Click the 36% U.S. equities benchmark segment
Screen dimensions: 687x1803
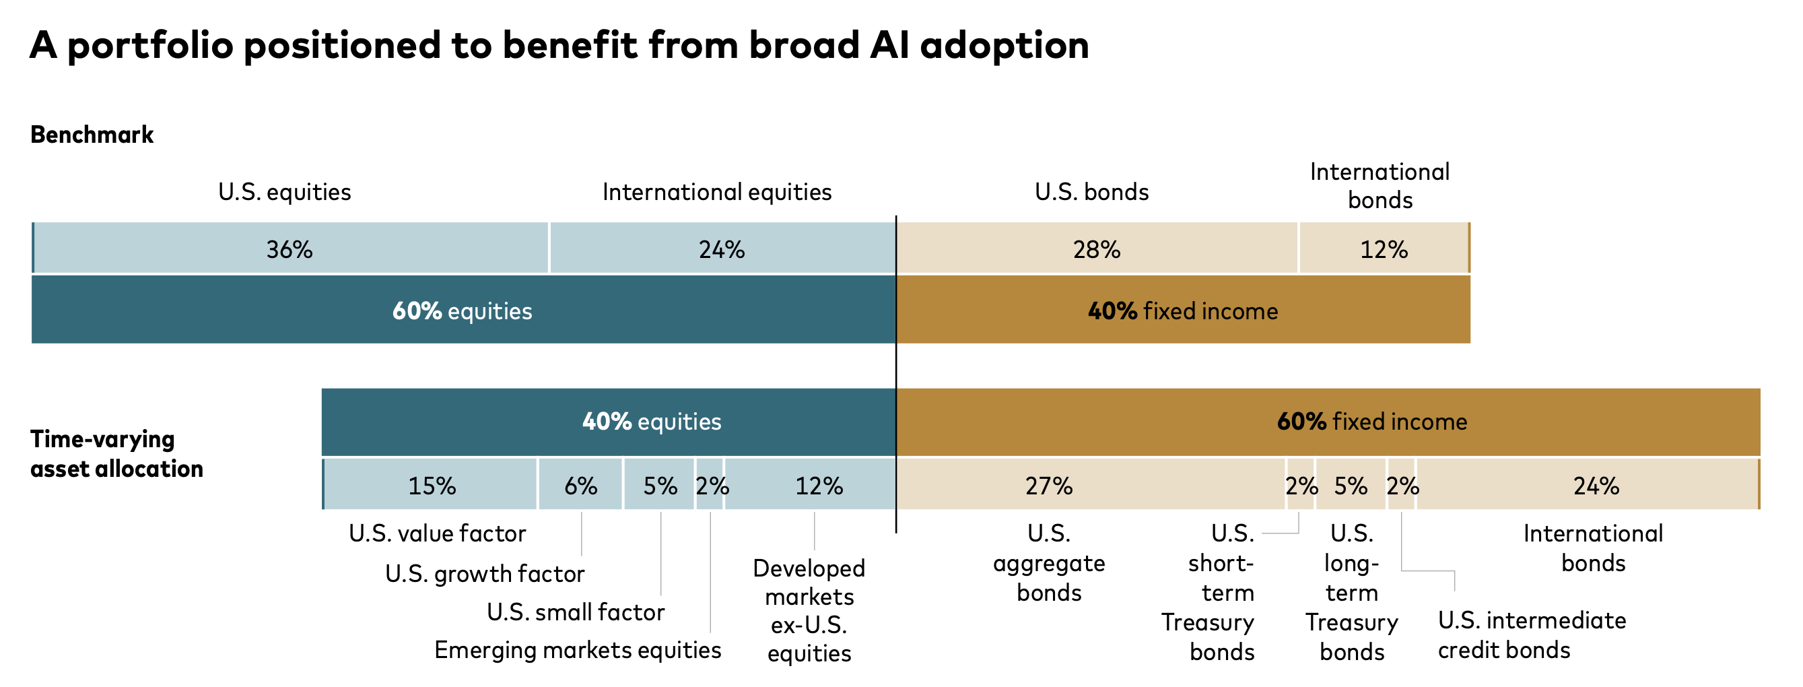pos(290,249)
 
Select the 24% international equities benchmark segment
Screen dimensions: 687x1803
pos(722,249)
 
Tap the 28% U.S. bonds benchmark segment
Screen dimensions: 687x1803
pos(1097,249)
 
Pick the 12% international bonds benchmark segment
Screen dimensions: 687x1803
pos(1384,249)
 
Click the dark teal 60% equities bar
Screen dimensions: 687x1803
pos(463,310)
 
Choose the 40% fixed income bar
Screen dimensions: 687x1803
pos(1183,310)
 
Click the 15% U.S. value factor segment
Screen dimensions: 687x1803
pos(431,486)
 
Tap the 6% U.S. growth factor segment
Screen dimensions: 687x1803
pos(580,486)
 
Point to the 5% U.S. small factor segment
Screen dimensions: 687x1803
pos(659,486)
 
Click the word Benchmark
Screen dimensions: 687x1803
pos(92,135)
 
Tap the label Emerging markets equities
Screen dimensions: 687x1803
pos(578,650)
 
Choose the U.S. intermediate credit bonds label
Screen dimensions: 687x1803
pos(1532,635)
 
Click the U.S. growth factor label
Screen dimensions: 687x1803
pos(484,575)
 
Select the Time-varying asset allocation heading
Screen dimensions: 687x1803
pos(116,454)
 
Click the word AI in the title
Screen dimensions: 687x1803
pos(889,46)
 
